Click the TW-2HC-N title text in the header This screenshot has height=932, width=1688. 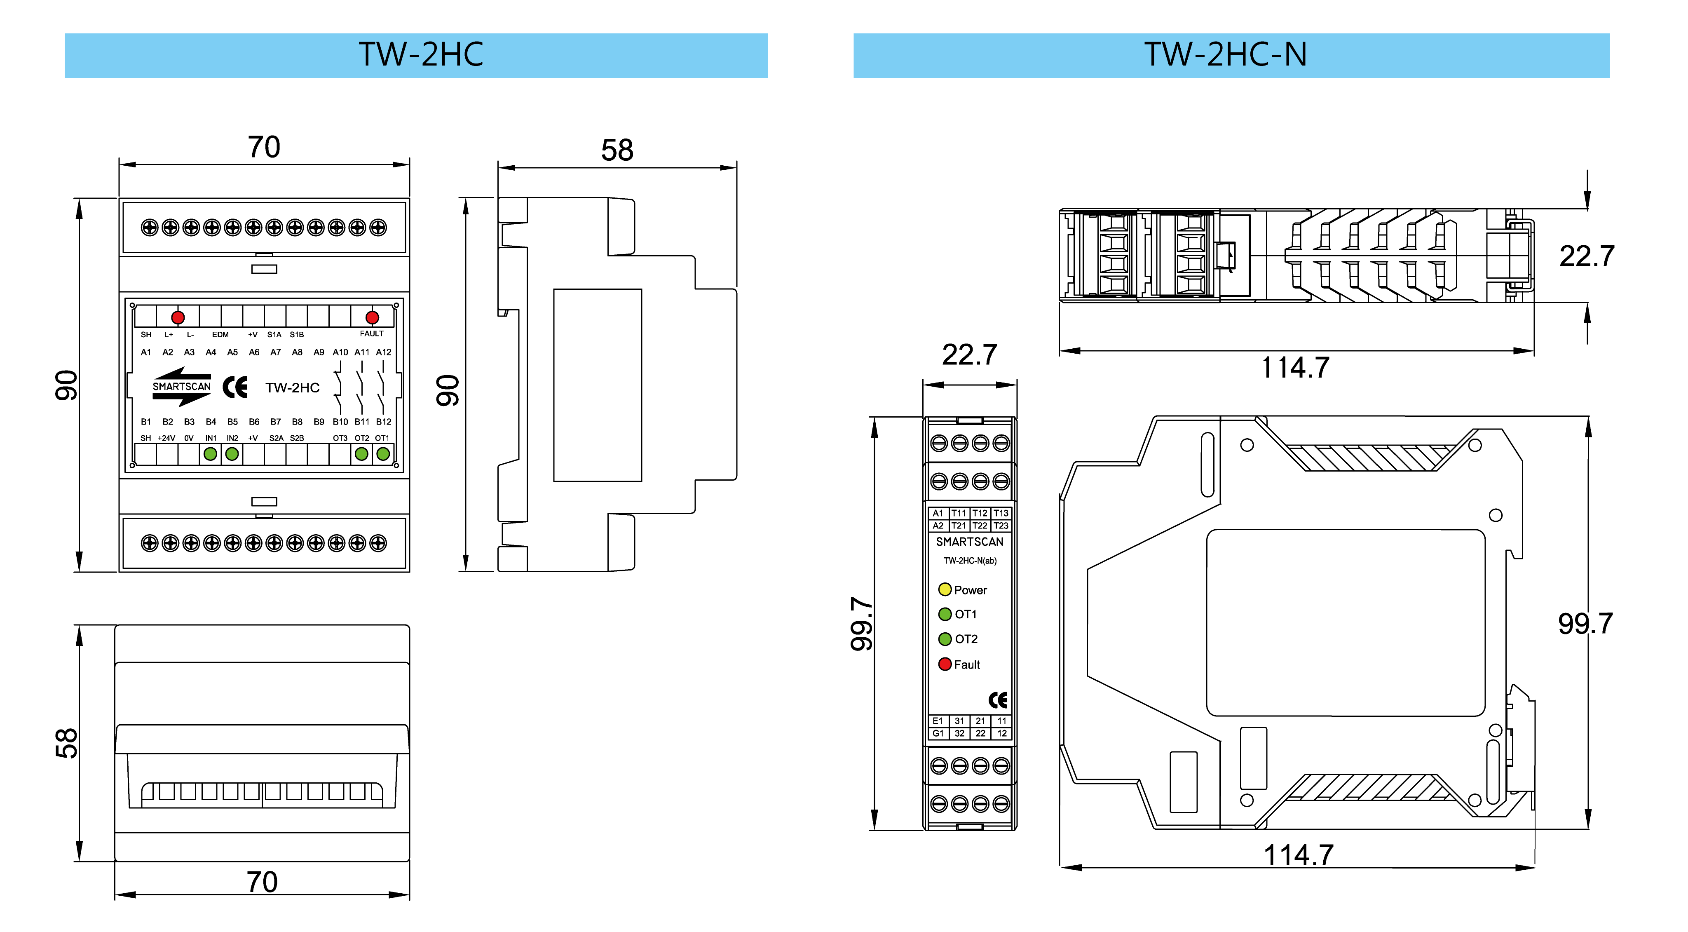click(1225, 54)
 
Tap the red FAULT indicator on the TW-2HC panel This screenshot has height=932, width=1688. click(372, 318)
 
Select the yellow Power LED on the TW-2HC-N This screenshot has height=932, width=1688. click(944, 589)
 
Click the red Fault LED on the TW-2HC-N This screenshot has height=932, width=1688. click(944, 664)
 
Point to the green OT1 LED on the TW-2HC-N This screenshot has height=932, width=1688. click(944, 614)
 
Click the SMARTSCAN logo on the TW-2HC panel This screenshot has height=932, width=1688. click(181, 387)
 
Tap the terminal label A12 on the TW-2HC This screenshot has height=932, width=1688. click(383, 352)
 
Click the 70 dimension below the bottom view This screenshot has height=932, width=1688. click(262, 882)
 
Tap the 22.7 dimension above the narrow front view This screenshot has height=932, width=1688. click(969, 354)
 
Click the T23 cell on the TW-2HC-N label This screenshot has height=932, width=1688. click(1001, 526)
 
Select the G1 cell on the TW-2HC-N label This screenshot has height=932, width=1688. click(938, 733)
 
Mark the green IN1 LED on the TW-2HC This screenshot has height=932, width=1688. click(210, 453)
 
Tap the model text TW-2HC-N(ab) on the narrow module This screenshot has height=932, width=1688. click(970, 560)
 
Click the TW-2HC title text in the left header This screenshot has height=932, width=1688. click(421, 54)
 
